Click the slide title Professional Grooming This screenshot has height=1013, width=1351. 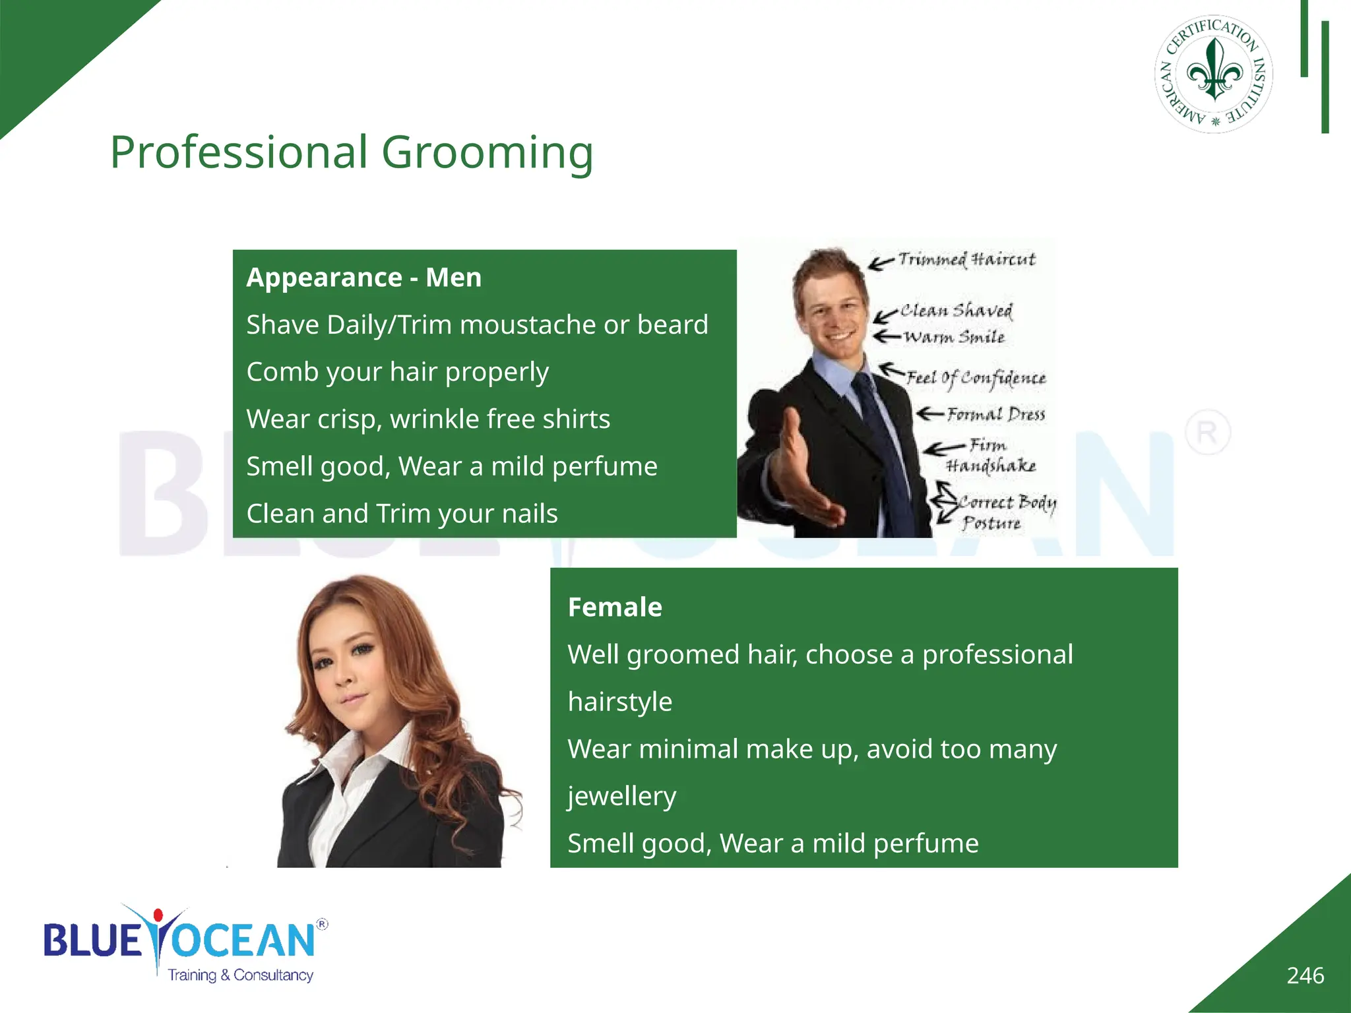352,152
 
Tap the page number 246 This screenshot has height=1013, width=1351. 1305,975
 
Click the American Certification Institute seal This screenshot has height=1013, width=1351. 1214,74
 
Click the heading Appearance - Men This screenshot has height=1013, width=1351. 363,278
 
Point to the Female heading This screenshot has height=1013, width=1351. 615,607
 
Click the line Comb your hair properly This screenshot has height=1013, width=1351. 397,372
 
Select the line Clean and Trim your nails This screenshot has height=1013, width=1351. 402,514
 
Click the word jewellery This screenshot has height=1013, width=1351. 622,796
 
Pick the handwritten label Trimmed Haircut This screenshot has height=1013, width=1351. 966,259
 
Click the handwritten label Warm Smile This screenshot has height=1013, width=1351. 954,337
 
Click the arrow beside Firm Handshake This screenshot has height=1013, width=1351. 943,449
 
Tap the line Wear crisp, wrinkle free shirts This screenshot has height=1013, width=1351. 428,419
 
